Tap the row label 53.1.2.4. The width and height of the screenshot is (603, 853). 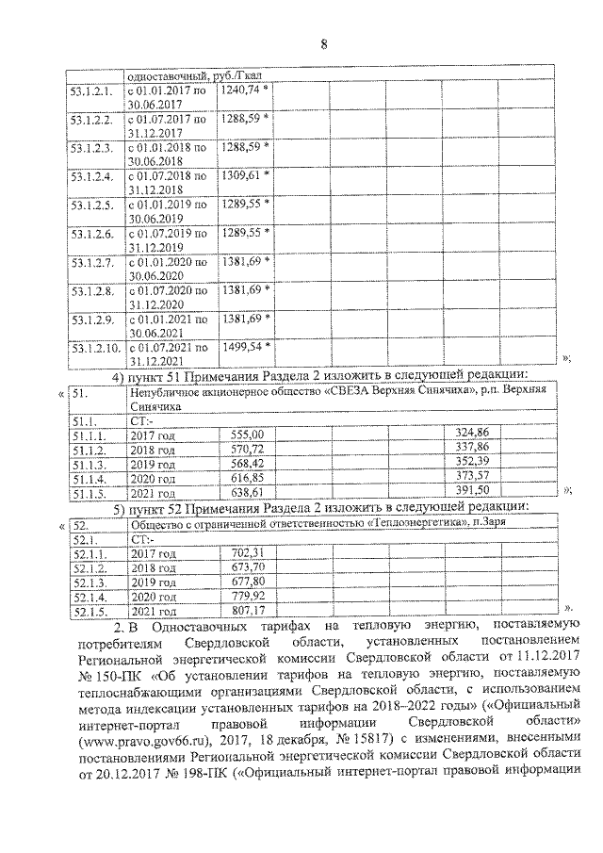[x=91, y=176]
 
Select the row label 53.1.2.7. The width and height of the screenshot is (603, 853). [x=91, y=261]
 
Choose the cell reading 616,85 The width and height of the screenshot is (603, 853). [x=248, y=476]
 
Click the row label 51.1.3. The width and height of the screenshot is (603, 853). [x=87, y=462]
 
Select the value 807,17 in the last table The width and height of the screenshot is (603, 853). [x=250, y=612]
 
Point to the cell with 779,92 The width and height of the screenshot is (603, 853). [x=250, y=598]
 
